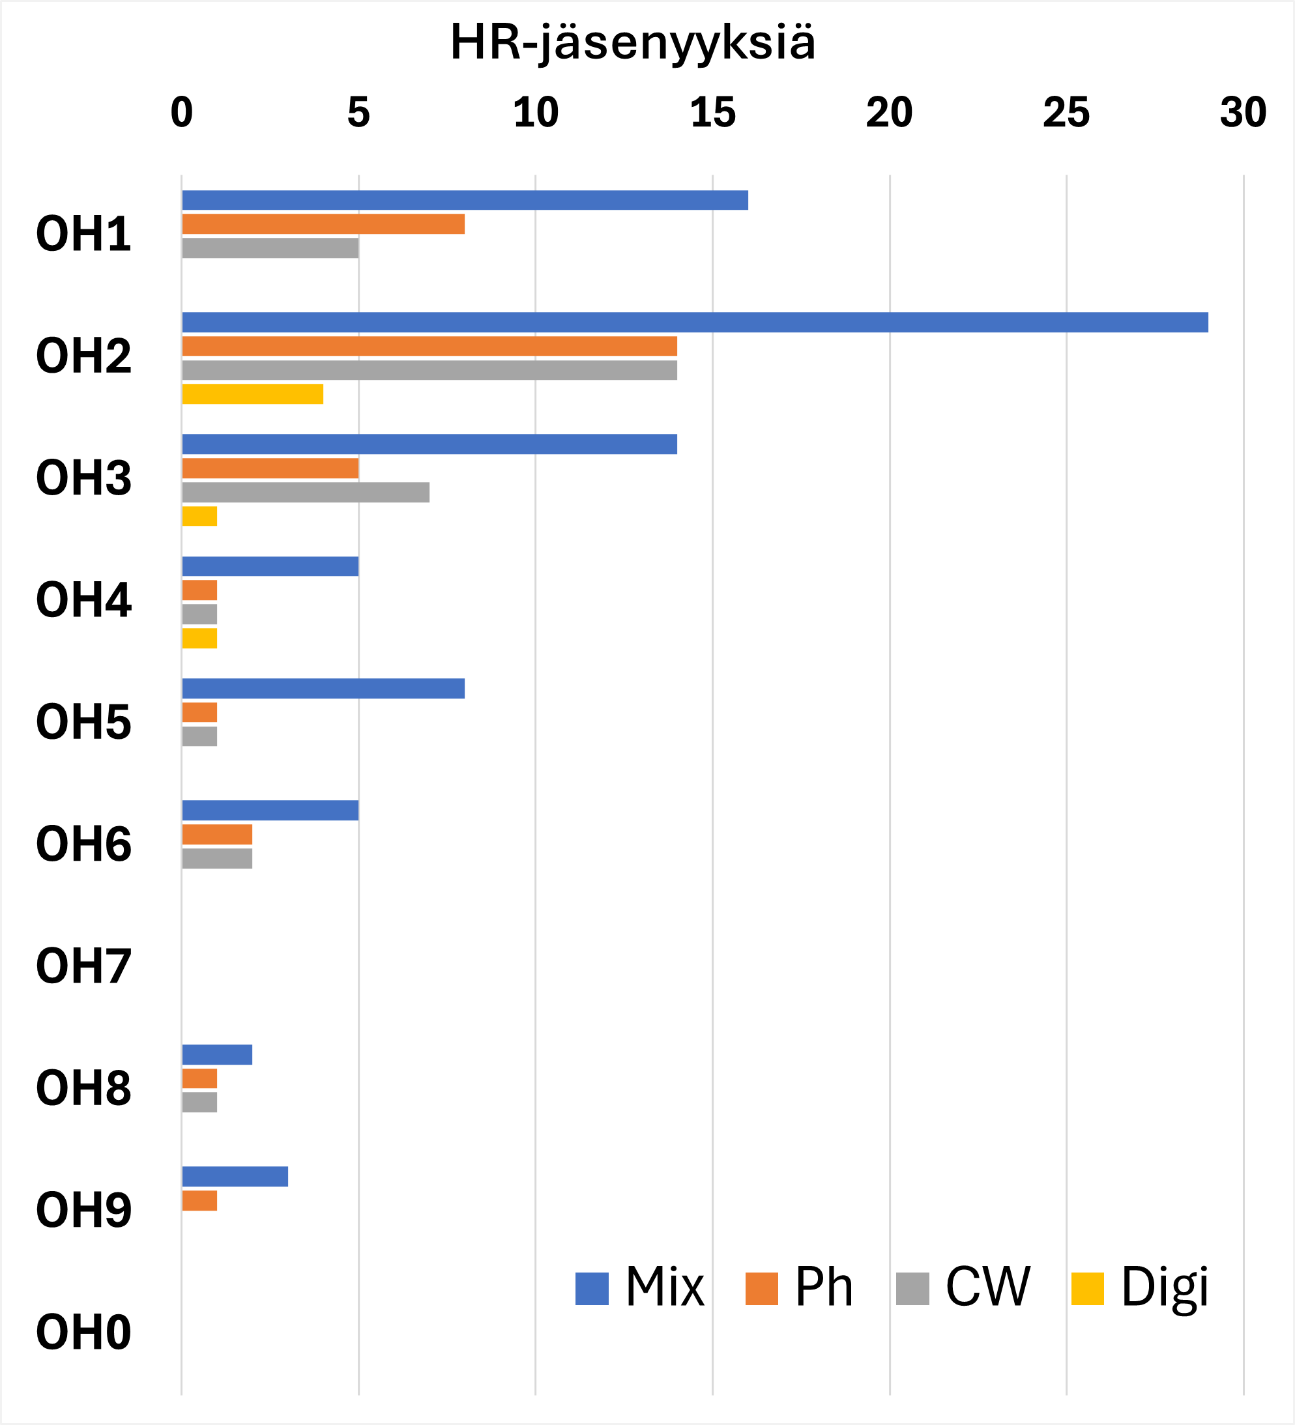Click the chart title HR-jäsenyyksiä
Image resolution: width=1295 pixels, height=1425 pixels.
[x=633, y=42]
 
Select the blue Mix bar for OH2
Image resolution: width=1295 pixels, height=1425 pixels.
[x=695, y=323]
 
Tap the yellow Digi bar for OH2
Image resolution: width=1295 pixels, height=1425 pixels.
[x=252, y=394]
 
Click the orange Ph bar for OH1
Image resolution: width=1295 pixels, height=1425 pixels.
[x=323, y=224]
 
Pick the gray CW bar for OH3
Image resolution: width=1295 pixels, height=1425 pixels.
[x=306, y=492]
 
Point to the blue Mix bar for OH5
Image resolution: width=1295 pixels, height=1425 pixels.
[x=323, y=689]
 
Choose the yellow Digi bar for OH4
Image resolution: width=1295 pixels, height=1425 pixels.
[x=199, y=639]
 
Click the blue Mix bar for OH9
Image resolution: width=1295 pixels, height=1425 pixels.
[x=235, y=1177]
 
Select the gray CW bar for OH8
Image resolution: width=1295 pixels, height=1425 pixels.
[x=199, y=1102]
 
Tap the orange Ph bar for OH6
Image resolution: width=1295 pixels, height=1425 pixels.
[x=217, y=835]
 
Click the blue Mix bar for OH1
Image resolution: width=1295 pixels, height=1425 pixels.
[x=465, y=200]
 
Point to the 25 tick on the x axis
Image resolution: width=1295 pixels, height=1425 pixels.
[x=1066, y=113]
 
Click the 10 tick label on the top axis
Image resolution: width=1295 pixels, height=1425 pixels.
[x=536, y=113]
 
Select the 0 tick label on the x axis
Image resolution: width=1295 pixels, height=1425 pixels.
[x=182, y=113]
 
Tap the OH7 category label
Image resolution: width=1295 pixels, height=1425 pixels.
[x=83, y=967]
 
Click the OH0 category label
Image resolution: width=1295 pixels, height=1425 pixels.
[x=83, y=1333]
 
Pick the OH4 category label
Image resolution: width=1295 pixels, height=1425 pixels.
[x=83, y=601]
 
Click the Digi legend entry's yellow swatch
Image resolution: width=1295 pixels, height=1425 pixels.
[x=1087, y=1289]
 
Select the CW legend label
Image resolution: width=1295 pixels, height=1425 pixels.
[x=987, y=1287]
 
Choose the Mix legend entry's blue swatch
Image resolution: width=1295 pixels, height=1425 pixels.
[x=592, y=1289]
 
